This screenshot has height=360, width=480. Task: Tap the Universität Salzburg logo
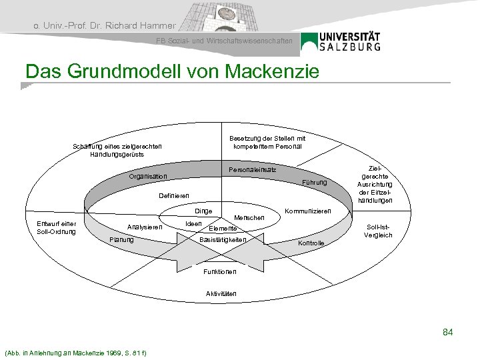click(x=341, y=41)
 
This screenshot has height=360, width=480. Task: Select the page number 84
click(x=447, y=331)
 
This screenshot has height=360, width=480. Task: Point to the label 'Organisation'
click(x=149, y=177)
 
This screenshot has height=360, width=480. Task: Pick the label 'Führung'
click(x=315, y=183)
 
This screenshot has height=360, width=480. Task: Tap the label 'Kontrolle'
click(x=311, y=243)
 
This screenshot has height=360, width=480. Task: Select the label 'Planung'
click(x=121, y=239)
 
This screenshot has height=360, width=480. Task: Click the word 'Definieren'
click(x=175, y=195)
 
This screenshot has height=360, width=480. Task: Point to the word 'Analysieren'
click(x=145, y=227)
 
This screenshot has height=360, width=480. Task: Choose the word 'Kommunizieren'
click(x=307, y=211)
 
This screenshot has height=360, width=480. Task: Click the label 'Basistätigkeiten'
click(x=223, y=240)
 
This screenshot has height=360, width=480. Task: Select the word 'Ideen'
click(x=193, y=223)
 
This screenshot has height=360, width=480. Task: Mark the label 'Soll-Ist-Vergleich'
click(x=378, y=231)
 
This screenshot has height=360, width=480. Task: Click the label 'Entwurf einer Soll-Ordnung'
click(x=57, y=227)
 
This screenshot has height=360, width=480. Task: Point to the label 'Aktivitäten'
click(x=221, y=294)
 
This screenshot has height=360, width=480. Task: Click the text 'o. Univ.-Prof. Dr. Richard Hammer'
click(x=104, y=26)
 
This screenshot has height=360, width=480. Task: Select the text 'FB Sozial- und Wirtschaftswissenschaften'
click(x=224, y=41)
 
